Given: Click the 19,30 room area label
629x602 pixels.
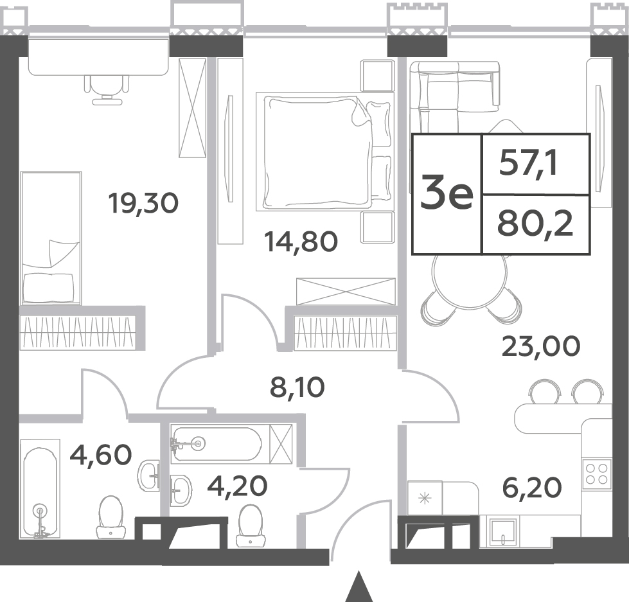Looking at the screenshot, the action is tap(143, 204).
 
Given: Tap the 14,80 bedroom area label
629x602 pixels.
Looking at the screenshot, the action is tap(301, 242).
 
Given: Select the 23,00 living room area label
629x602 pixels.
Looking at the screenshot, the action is tap(541, 346).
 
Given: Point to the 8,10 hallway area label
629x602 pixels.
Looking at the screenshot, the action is tap(297, 387).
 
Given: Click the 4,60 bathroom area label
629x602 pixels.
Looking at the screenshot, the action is tap(101, 455).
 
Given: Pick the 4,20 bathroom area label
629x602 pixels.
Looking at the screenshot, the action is tap(237, 486).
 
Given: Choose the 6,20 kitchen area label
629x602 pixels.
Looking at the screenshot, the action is tap(532, 488).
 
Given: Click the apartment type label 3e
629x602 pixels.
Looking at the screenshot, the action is tap(447, 195).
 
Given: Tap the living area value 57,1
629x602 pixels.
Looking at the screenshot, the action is tap(528, 164).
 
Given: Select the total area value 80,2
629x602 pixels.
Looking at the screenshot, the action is tap(535, 224).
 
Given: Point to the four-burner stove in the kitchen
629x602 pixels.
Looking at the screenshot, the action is tap(596, 474).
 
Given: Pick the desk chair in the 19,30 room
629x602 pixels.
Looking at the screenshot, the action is tap(107, 90).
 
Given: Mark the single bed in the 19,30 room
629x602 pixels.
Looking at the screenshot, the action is tap(51, 238).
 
